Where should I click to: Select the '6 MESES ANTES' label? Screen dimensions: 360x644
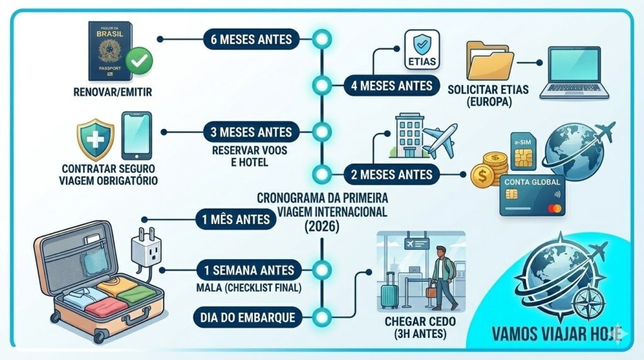248,39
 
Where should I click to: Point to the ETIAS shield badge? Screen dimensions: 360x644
421,47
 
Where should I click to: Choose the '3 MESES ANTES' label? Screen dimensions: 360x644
248,133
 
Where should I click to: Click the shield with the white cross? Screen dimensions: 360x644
95,140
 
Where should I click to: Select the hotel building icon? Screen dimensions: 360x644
408,136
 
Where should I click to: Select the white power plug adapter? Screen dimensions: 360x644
145,248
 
